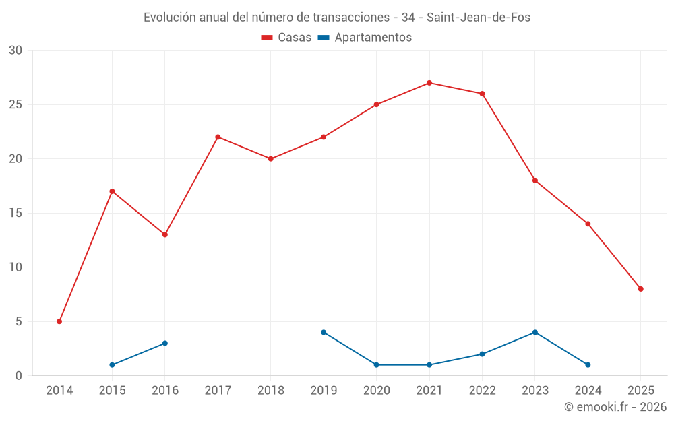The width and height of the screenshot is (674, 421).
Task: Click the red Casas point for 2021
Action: tap(429, 83)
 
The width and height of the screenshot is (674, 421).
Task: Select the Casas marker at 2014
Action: tap(59, 321)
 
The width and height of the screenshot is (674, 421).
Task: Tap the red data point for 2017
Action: tap(218, 137)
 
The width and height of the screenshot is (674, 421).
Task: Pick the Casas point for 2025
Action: tap(641, 289)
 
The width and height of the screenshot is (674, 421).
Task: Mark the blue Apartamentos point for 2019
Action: tap(324, 332)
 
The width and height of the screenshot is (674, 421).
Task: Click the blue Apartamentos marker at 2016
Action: tap(165, 343)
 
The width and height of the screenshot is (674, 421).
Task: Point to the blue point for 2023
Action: tap(535, 332)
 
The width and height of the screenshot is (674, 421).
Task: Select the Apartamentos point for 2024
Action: tap(588, 364)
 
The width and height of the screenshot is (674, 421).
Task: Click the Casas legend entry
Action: tap(286, 38)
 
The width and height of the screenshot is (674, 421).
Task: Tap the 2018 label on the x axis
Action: tap(271, 391)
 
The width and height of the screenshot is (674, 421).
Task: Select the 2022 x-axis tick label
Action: tap(483, 391)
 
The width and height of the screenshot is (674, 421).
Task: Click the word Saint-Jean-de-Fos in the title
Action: tap(479, 18)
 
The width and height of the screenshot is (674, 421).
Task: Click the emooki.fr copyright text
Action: tap(615, 407)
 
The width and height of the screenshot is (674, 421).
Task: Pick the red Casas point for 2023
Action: tap(535, 181)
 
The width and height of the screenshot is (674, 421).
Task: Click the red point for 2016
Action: tap(165, 234)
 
